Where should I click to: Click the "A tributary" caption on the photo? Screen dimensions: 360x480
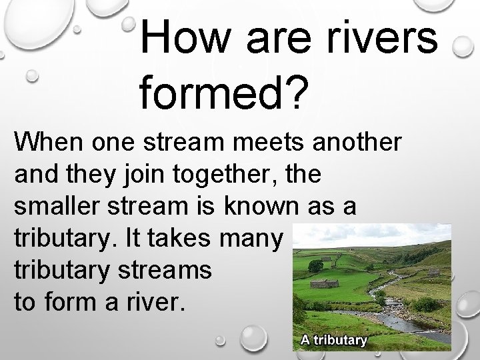tap(333, 341)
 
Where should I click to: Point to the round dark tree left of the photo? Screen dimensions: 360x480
tap(315, 265)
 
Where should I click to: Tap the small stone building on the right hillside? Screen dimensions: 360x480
tap(434, 272)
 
